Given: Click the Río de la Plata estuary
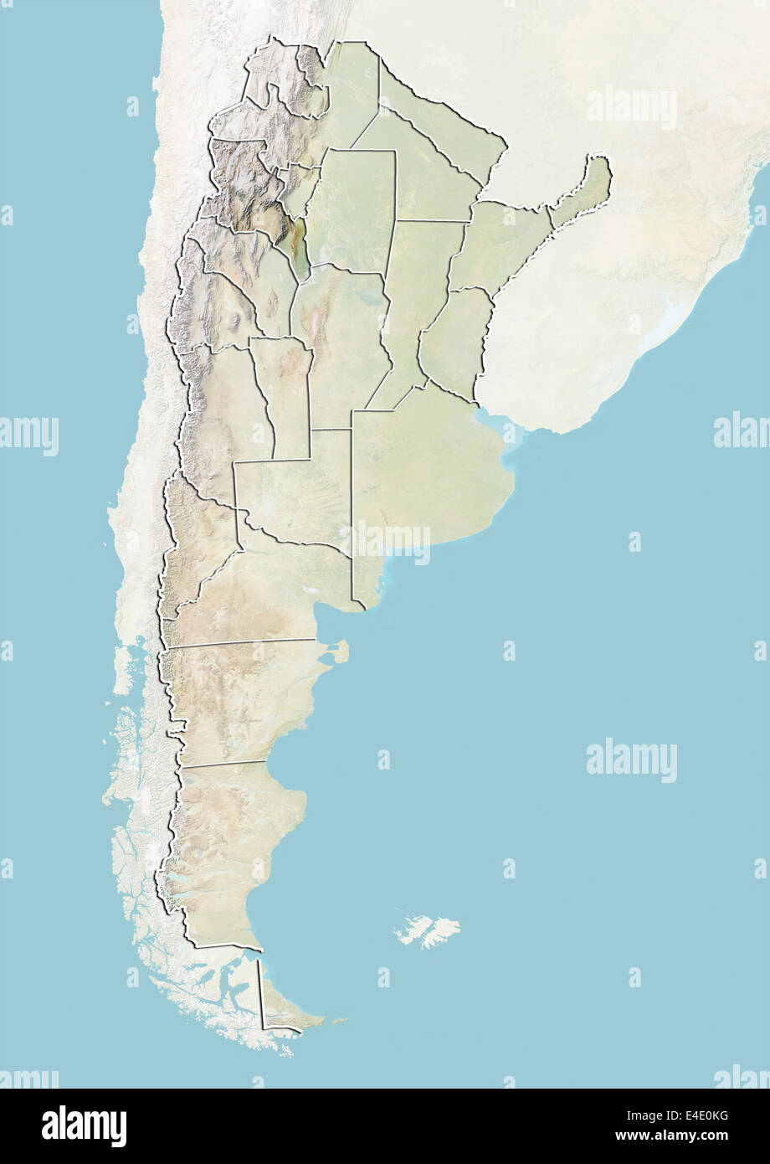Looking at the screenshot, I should (x=502, y=427).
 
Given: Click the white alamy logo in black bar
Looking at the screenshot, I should (x=84, y=1126).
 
